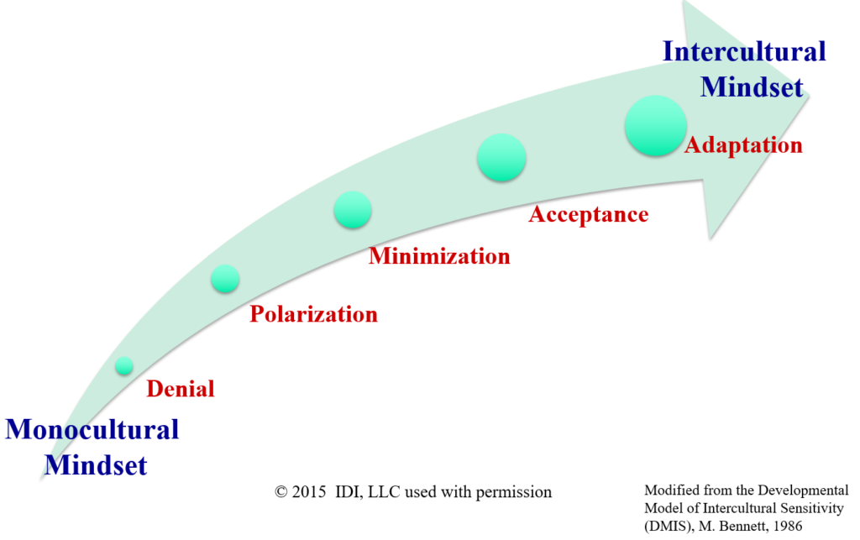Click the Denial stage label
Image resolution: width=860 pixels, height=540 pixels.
coord(181,389)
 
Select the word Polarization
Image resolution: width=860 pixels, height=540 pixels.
coord(314,314)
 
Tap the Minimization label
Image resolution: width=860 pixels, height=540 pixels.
coord(439,256)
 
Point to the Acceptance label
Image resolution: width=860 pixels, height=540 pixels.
coord(589,214)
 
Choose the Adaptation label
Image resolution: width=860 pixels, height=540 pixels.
coord(743,145)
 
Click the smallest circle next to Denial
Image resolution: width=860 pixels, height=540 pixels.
coord(124,365)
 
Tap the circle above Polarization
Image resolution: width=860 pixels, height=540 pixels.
coord(225,279)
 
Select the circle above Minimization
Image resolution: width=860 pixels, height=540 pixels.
coord(353,209)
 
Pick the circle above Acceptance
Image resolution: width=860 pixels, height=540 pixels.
coord(501,158)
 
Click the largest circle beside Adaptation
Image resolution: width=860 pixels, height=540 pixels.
coord(655,125)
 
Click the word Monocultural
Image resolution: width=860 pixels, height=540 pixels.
coord(92,429)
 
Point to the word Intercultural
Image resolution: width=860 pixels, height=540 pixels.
coord(744,52)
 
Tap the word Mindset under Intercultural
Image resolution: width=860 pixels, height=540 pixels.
coord(752,87)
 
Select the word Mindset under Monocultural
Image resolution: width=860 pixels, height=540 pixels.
coord(96,465)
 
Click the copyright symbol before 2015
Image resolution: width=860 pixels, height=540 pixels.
coord(281,492)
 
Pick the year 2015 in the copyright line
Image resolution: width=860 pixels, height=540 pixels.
coord(309,492)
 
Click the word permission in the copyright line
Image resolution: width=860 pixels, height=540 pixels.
coord(514,493)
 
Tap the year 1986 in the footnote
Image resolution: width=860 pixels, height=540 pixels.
coord(787,527)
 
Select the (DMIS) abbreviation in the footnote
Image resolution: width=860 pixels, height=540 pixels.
coord(669,527)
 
